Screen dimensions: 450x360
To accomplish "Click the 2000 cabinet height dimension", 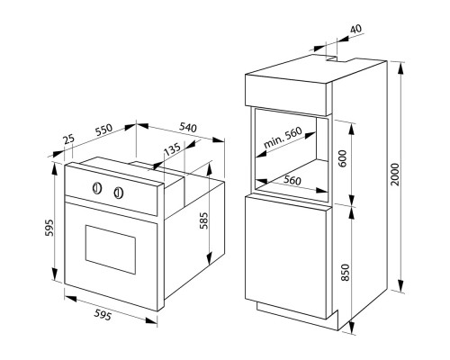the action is point(396,175).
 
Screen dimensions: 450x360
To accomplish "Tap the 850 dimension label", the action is point(346,273).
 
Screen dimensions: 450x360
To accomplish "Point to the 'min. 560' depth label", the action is point(283,138).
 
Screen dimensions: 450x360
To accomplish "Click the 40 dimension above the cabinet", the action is point(356,29).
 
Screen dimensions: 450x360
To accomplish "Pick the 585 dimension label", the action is point(203,220).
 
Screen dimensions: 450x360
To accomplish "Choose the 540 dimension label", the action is point(188,128).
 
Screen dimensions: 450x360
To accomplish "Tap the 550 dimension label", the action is point(103,130).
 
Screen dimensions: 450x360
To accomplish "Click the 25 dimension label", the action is point(68,139).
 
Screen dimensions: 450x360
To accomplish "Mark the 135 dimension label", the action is point(173,148).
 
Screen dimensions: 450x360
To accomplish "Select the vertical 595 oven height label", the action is point(49,228).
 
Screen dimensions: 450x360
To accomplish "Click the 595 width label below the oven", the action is point(103,315).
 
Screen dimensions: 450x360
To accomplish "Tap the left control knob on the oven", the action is point(97,188).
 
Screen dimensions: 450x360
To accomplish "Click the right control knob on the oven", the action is point(119,193).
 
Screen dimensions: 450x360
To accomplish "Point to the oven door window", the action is point(111,249).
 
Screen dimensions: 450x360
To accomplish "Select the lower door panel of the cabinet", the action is point(286,256).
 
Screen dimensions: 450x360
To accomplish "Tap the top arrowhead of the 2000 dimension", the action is point(400,68).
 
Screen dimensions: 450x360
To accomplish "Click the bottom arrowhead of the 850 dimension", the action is point(352,327).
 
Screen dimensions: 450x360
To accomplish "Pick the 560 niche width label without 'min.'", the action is point(292,180).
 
